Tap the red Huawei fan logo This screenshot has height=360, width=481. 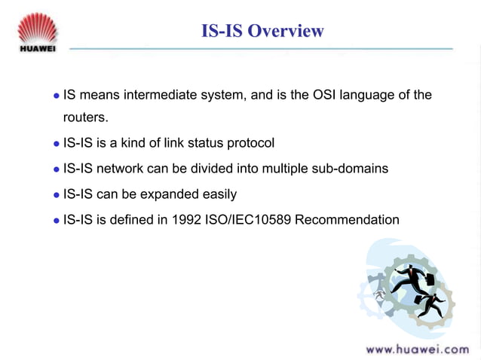pyautogui.click(x=37, y=26)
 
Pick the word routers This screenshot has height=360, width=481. pyautogui.click(x=85, y=118)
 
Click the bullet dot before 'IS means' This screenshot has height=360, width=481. pyautogui.click(x=55, y=96)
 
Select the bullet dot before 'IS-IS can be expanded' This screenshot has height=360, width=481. pyautogui.click(x=55, y=195)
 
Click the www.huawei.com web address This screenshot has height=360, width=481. pyautogui.click(x=417, y=349)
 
